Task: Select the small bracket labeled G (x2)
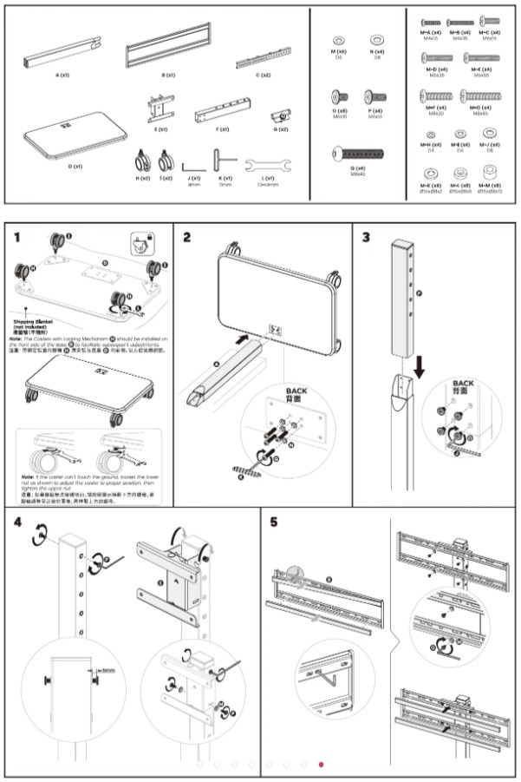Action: click(x=280, y=115)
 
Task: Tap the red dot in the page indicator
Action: click(x=321, y=765)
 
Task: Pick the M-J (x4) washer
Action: click(x=490, y=133)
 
